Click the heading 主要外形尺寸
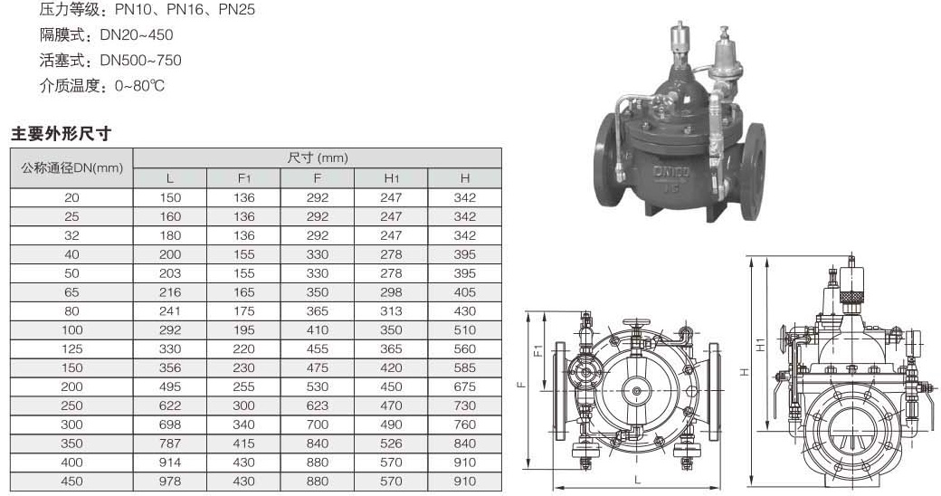click(x=62, y=133)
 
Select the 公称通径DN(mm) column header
click(x=72, y=168)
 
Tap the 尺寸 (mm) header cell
click(x=318, y=157)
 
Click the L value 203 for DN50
click(x=170, y=273)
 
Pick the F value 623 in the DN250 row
click(x=318, y=405)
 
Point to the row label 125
click(x=71, y=348)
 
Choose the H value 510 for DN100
click(x=465, y=329)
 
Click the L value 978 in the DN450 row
click(x=170, y=481)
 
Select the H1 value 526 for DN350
click(x=391, y=444)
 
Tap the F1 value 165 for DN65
click(x=243, y=292)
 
